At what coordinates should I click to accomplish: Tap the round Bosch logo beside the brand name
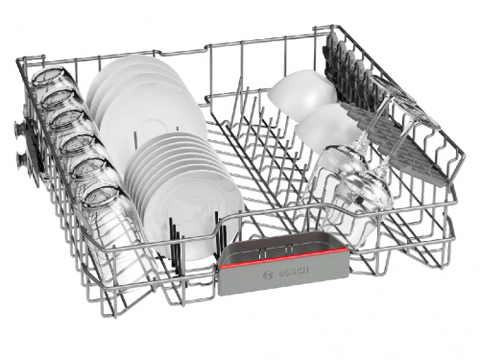[267, 275]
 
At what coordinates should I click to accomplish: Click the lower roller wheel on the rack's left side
[22, 159]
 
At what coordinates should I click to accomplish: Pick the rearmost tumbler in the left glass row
[48, 77]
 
